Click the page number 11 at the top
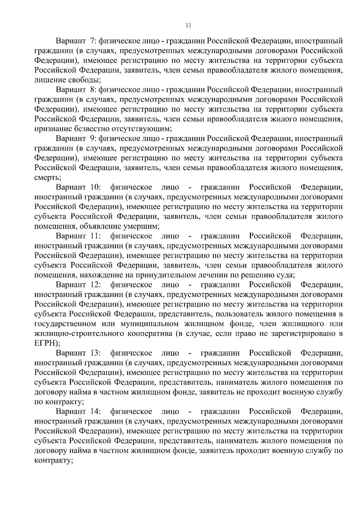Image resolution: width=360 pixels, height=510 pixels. pos(188,25)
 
